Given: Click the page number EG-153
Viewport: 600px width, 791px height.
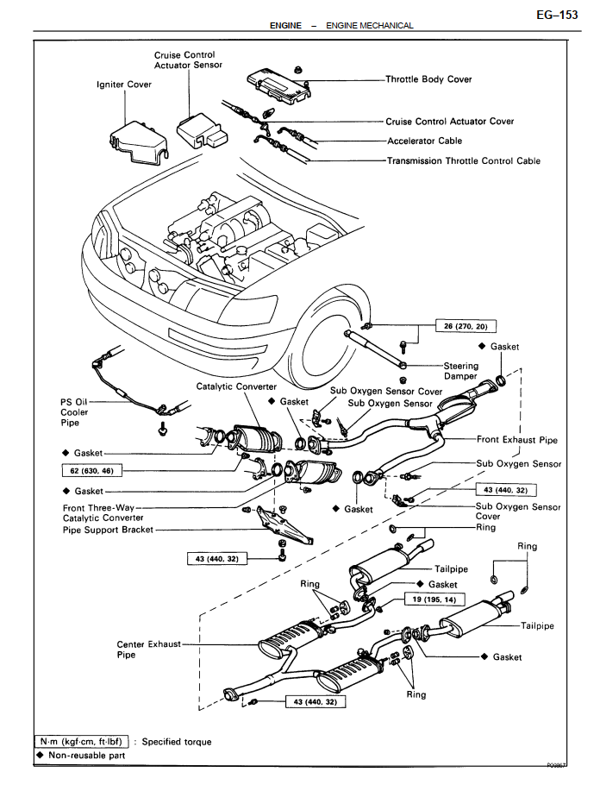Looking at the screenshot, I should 557,15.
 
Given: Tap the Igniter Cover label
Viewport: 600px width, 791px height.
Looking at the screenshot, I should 124,85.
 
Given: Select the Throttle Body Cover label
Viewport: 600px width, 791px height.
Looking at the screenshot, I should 428,79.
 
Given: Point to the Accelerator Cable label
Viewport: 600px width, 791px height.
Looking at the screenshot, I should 424,141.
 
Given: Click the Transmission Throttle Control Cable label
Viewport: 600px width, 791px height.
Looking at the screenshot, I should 464,160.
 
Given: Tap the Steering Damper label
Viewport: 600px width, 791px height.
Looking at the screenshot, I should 460,371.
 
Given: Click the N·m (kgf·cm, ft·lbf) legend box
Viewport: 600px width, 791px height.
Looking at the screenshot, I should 83,741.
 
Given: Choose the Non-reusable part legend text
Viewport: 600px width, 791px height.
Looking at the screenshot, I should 84,756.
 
